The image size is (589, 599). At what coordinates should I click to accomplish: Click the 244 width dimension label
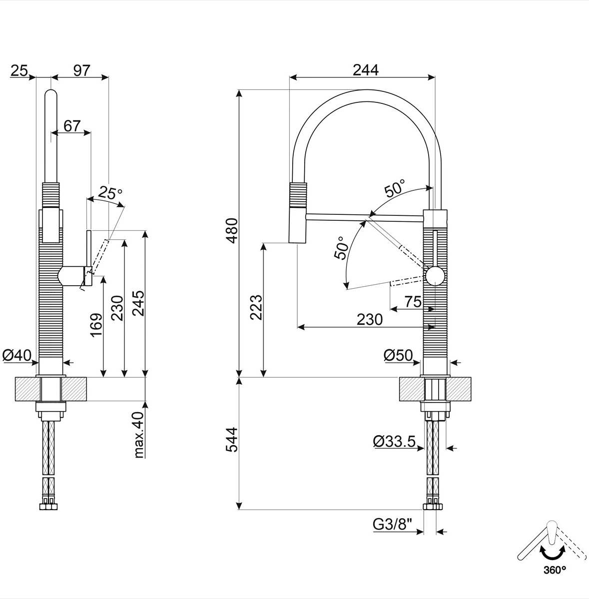pyautogui.click(x=365, y=70)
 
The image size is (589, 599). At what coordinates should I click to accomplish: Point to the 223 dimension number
pyautogui.click(x=255, y=307)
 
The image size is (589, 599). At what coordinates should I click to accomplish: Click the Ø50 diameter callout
pyautogui.click(x=398, y=356)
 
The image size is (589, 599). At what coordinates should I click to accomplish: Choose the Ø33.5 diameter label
pyautogui.click(x=394, y=441)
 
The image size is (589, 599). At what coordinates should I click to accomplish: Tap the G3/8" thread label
pyautogui.click(x=393, y=525)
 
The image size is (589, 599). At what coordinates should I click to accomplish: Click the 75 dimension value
pyautogui.click(x=413, y=302)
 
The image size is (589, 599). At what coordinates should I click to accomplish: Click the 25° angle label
pyautogui.click(x=110, y=192)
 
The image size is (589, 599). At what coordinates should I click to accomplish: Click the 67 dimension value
pyautogui.click(x=72, y=126)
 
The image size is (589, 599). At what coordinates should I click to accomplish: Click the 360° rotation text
pyautogui.click(x=555, y=569)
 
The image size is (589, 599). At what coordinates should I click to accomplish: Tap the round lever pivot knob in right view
pyautogui.click(x=434, y=276)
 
